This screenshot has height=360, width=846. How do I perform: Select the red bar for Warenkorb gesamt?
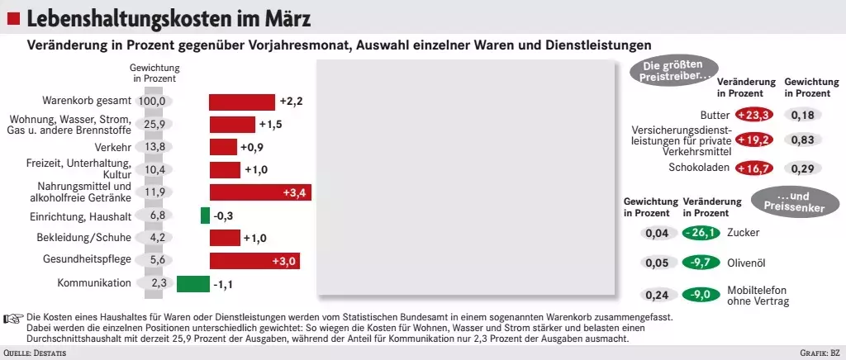click(x=241, y=102)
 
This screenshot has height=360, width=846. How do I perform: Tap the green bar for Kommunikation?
click(x=193, y=284)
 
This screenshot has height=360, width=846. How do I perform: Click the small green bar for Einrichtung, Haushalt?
click(x=205, y=216)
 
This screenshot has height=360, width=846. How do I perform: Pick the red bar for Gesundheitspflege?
click(x=254, y=261)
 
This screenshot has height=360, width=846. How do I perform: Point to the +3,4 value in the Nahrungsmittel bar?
click(x=294, y=193)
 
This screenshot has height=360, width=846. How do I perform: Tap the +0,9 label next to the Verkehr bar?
click(x=251, y=147)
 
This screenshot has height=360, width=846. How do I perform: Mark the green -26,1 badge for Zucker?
click(x=701, y=233)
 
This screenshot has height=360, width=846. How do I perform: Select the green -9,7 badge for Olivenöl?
click(x=701, y=263)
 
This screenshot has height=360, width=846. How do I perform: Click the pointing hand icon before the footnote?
click(x=13, y=318)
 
